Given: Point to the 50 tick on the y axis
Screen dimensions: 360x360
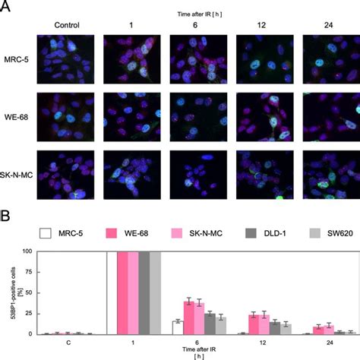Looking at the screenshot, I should coord(30,292).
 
